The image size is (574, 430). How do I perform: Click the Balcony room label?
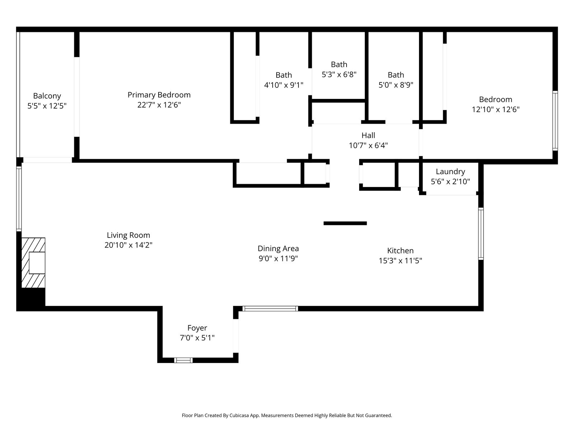tap(47, 96)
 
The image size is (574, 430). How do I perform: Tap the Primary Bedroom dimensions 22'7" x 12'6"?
tap(159, 105)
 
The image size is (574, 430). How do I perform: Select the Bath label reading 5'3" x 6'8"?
tap(339, 70)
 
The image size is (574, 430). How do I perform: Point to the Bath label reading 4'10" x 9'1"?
tap(283, 80)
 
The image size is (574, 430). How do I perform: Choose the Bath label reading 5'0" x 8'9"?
tap(396, 80)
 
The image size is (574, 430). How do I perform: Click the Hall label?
tap(368, 135)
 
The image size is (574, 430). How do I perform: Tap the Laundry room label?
tap(450, 172)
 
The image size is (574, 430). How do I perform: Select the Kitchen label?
tap(400, 251)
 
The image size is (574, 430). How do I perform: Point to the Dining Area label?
tap(278, 249)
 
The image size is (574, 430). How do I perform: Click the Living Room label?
tap(128, 235)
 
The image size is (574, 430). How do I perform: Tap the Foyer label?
tap(197, 328)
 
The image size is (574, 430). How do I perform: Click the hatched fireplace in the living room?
tap(33, 263)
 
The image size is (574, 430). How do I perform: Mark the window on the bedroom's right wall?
tap(555, 120)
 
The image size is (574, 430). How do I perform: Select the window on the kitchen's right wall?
tap(481, 234)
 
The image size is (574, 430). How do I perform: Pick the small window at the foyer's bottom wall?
tap(183, 360)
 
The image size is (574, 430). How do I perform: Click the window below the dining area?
tap(270, 309)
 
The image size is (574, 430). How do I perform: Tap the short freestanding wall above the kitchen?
tap(345, 223)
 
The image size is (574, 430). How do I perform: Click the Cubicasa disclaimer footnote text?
tap(287, 416)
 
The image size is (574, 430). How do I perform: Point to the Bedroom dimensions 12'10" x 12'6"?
tap(495, 110)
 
